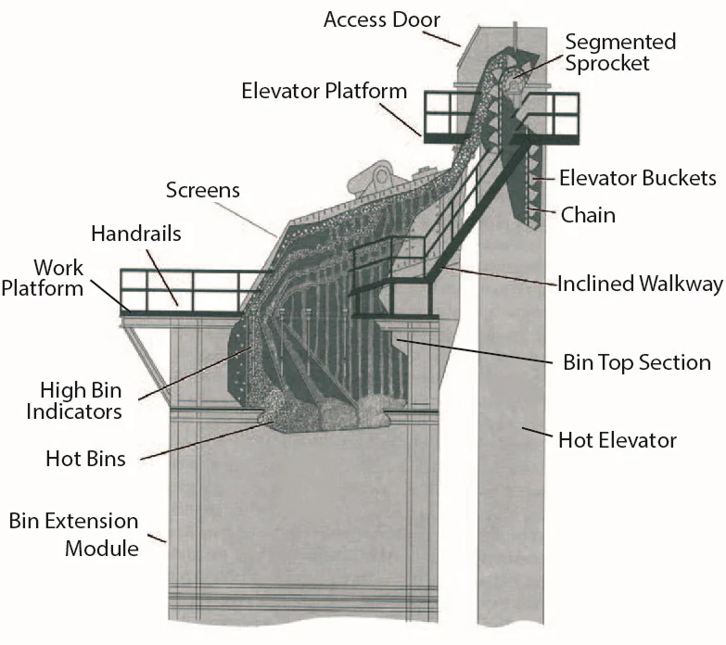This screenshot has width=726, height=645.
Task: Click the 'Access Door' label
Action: [x=382, y=19]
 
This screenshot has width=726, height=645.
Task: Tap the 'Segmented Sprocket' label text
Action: [x=619, y=53]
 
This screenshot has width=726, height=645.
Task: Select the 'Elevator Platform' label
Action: [x=324, y=91]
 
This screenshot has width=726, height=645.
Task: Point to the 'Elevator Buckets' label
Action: [x=637, y=178]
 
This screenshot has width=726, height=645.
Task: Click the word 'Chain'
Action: [x=588, y=215]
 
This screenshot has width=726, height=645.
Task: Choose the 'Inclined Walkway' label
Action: [x=640, y=284]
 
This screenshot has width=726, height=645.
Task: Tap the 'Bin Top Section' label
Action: [x=637, y=361]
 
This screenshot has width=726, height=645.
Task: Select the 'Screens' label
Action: [x=202, y=190]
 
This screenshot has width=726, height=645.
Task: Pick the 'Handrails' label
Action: [x=136, y=234]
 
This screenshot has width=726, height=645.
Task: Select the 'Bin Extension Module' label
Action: [x=73, y=535]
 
